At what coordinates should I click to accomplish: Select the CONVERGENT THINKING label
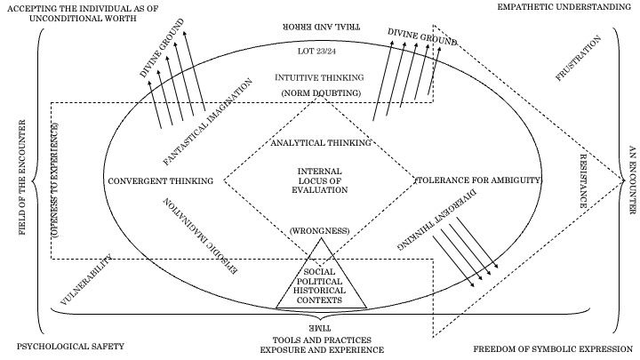160,181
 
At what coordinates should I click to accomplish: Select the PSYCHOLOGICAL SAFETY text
70,346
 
